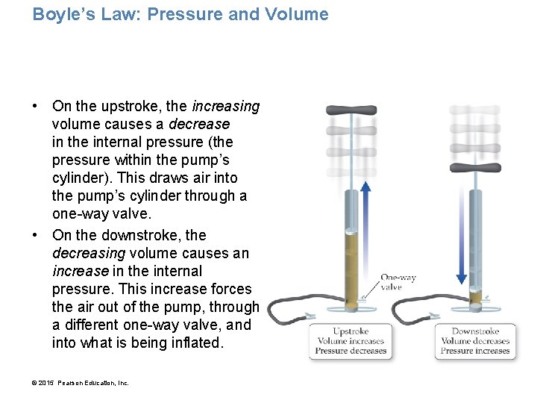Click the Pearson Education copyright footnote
81,383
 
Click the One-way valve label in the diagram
398,282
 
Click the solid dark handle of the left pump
351,110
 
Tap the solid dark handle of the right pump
475,168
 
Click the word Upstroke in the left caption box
350,331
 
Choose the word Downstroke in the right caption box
476,331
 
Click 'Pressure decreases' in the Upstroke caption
350,351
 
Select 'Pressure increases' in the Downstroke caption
476,351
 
